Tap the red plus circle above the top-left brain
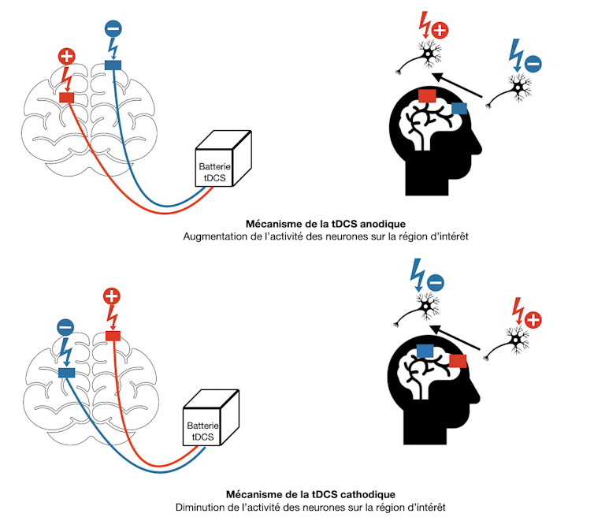click(x=66, y=57)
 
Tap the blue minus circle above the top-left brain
click(x=113, y=30)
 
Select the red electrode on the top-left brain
click(x=67, y=97)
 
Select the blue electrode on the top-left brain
click(x=113, y=66)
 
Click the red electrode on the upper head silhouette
click(x=428, y=95)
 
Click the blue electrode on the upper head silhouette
click(x=459, y=108)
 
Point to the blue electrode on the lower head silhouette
click(x=425, y=350)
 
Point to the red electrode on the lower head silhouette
click(x=458, y=361)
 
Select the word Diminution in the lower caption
click(x=200, y=508)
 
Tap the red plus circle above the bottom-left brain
click(x=113, y=297)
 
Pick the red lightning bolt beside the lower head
click(x=518, y=308)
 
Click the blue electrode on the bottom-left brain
click(x=66, y=372)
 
